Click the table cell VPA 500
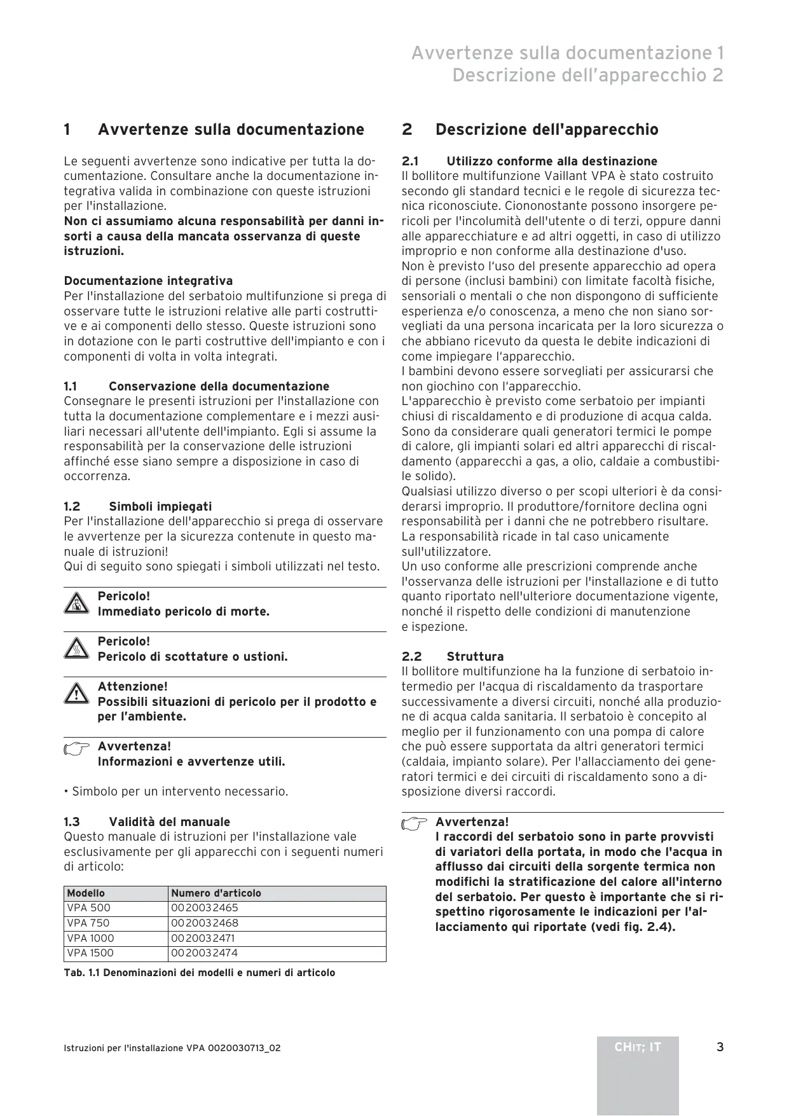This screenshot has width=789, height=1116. pos(88,908)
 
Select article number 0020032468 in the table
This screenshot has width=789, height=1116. pos(204,923)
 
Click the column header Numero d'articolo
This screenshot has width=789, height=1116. pos(216,893)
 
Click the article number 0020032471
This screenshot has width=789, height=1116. pos(204,938)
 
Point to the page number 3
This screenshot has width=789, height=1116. pos(720,1047)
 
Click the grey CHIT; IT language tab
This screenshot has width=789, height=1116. pos(638,1047)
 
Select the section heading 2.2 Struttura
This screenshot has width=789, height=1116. pos(453,656)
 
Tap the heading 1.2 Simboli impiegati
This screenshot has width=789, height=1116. pos(138,507)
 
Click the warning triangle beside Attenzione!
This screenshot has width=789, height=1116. pos(76,694)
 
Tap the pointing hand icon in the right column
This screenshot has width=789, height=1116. pos(415,824)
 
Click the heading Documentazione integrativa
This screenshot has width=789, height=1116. pos(148,281)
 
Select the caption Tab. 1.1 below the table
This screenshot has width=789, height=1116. pos(199,973)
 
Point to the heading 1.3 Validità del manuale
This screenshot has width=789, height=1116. pos(147,822)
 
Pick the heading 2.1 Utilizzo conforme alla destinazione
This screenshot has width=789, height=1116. pos(530,162)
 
